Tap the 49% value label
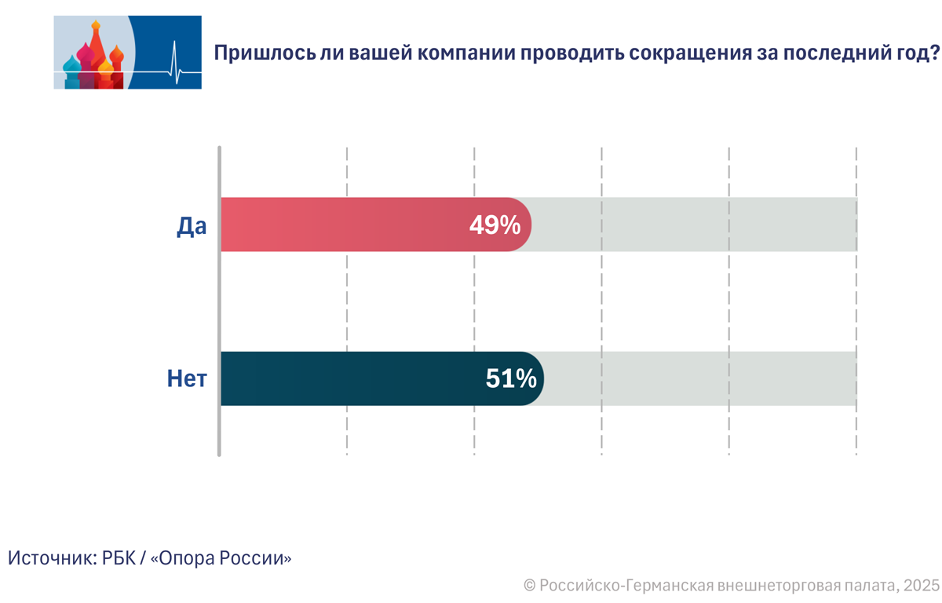pos(495,225)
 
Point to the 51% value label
pos(511,379)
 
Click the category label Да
pos(191,225)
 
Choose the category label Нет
pos(187,379)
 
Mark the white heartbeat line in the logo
pos(177,68)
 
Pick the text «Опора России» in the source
pos(221,558)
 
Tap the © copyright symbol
pos(530,586)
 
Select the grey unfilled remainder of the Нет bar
pos(699,378)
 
